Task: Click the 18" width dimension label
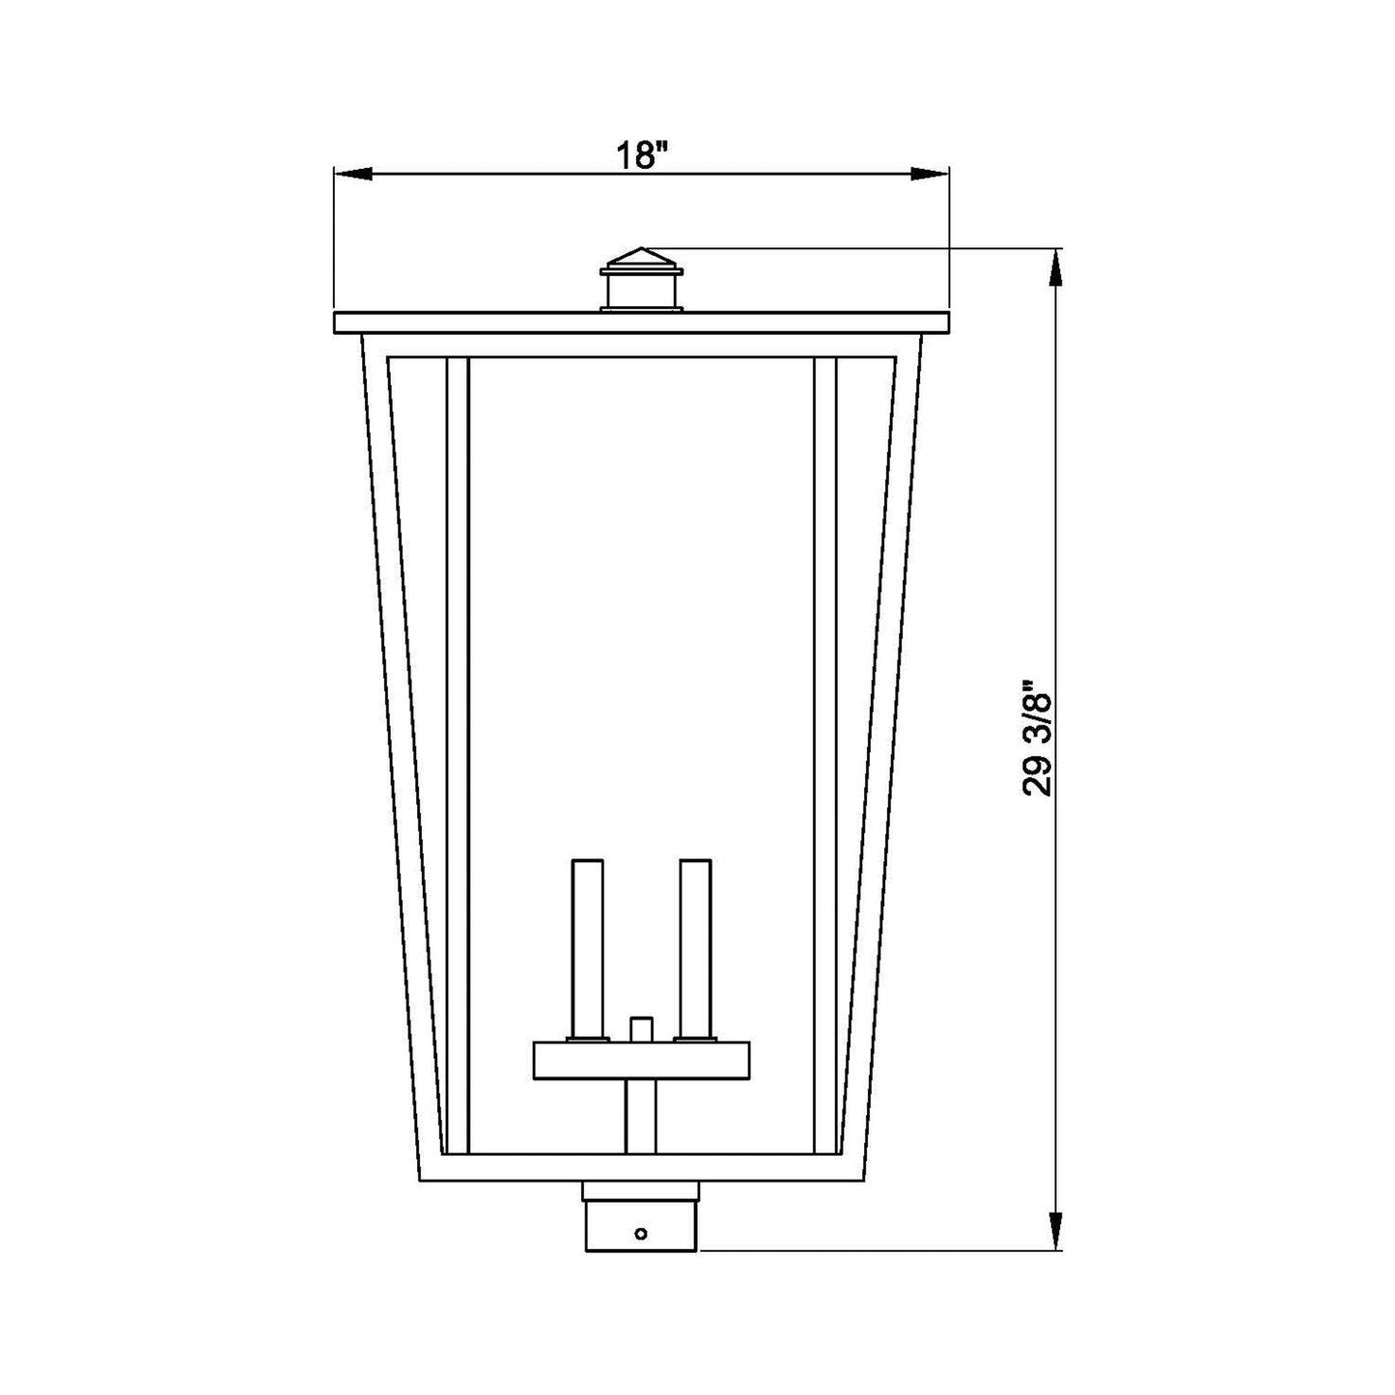pos(640,154)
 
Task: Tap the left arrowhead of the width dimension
pos(352,174)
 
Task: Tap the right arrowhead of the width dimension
pos(929,174)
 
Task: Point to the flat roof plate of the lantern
pos(641,322)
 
